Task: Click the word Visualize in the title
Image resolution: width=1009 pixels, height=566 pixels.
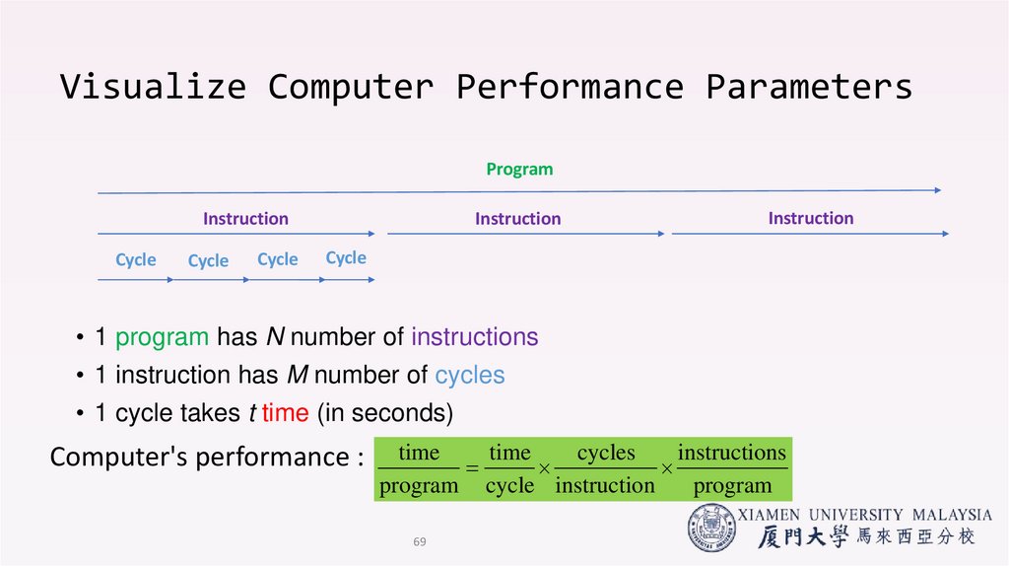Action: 152,87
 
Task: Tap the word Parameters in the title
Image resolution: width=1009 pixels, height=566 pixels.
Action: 808,87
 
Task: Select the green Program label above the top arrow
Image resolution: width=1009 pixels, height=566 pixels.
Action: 519,170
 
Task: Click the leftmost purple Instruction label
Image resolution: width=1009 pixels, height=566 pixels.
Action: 245,219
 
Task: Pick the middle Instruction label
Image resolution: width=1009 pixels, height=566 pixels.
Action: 517,219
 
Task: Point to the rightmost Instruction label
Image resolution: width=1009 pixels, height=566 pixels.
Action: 811,218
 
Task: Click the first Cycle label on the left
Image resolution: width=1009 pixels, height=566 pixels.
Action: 136,260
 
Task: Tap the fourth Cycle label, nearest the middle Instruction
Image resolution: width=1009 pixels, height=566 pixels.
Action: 346,258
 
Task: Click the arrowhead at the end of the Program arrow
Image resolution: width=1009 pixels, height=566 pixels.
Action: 937,189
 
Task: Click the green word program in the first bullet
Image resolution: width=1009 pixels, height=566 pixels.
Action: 162,337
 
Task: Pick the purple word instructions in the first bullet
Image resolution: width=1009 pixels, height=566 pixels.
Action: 474,337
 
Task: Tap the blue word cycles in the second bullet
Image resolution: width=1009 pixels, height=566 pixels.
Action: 469,376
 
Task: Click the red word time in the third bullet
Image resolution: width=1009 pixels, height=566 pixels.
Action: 286,414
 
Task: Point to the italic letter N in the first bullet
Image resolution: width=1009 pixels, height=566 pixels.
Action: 276,337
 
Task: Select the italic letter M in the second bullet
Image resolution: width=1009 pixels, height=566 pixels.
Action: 297,376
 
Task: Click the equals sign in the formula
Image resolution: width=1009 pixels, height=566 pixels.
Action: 472,470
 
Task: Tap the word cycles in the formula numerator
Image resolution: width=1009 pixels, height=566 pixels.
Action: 606,453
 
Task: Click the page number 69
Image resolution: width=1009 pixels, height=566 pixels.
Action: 420,542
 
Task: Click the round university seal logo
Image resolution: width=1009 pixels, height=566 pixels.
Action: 711,528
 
